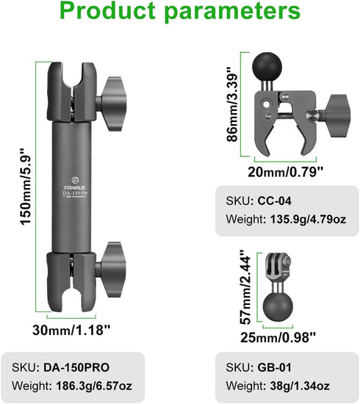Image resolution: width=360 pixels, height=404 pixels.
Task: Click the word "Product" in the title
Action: click(108, 11)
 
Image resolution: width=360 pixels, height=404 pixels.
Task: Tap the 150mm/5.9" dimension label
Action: click(26, 187)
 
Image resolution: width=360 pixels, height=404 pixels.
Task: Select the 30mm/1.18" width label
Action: click(71, 330)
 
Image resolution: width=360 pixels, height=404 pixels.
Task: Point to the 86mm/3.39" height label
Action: click(231, 104)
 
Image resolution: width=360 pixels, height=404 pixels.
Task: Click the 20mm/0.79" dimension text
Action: click(285, 171)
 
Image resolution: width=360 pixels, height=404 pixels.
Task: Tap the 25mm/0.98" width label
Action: click(278, 336)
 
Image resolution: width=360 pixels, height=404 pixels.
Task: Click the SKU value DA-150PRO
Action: click(76, 367)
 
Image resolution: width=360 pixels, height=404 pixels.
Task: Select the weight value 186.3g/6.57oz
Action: click(94, 386)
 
